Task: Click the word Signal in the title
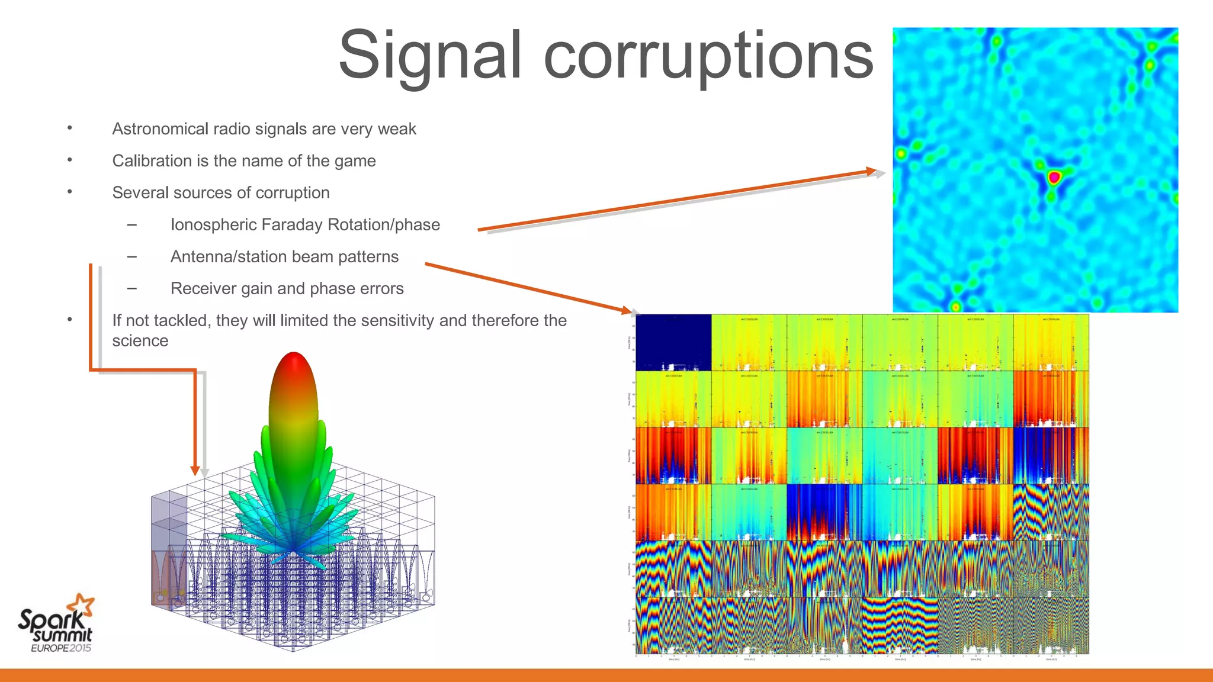tap(430, 55)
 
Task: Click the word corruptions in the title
tap(708, 55)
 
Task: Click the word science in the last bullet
tap(140, 341)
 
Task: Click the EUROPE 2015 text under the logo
tap(61, 648)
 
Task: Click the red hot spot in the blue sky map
tap(1054, 176)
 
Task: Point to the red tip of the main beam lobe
tap(294, 362)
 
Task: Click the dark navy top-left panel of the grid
tap(673, 342)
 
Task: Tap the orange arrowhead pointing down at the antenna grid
tap(195, 471)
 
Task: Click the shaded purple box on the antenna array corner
tap(169, 521)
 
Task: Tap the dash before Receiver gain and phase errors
tap(131, 289)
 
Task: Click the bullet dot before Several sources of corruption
tap(70, 192)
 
